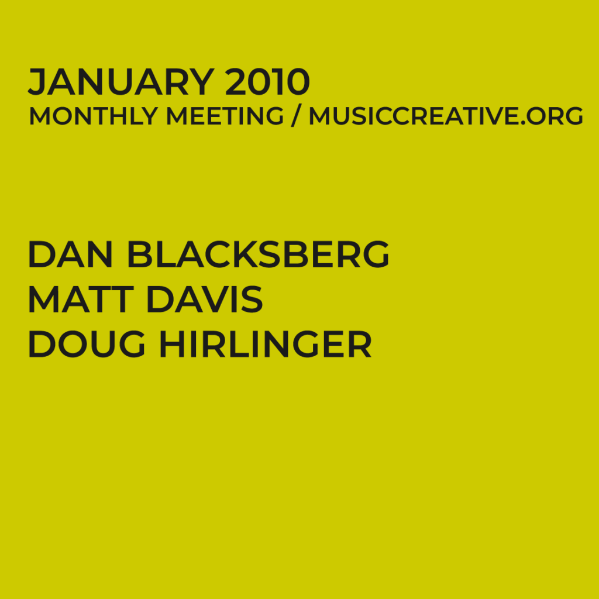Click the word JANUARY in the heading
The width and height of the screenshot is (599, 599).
coord(121,82)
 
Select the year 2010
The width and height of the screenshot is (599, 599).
coord(267,82)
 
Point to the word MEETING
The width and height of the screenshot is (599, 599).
coord(225,116)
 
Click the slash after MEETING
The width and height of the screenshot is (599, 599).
coord(296,116)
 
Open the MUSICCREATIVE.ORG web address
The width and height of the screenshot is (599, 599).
coord(446,116)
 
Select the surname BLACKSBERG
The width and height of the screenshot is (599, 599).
coord(258,254)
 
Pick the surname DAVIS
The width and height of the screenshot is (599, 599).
coord(204,299)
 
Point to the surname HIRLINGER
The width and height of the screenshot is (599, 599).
coord(266,345)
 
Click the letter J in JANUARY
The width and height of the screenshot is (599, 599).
coord(36,83)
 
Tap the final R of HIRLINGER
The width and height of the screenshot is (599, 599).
coord(360,345)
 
